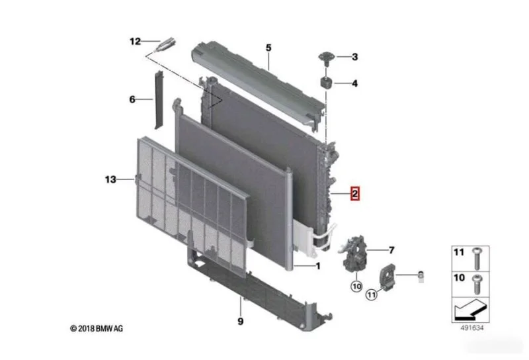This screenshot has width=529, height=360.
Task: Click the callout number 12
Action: click(135, 41)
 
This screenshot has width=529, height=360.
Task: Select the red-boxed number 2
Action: click(354, 194)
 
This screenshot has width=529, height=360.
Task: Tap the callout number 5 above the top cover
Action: click(268, 48)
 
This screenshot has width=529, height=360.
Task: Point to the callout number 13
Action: click(110, 179)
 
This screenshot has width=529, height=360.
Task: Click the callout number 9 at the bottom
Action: click(240, 321)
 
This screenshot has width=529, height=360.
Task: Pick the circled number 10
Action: click(356, 287)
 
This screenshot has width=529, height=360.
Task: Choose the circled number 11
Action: click(371, 295)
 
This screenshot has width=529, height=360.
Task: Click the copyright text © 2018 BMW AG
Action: click(97, 328)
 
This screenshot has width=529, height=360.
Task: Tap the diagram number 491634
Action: click(472, 328)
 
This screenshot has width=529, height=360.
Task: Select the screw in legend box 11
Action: click(477, 258)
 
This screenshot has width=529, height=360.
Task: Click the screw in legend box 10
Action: click(477, 284)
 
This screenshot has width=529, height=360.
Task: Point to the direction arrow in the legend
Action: click(470, 309)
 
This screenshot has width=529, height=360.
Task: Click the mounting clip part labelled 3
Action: click(326, 59)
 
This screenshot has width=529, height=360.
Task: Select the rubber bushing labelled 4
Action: click(326, 83)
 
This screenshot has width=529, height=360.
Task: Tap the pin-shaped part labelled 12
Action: click(165, 44)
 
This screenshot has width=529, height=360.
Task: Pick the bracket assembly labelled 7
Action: click(353, 253)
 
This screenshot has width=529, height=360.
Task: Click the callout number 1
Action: click(318, 267)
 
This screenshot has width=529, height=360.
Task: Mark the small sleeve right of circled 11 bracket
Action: click(421, 277)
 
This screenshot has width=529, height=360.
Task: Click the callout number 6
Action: click(132, 99)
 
